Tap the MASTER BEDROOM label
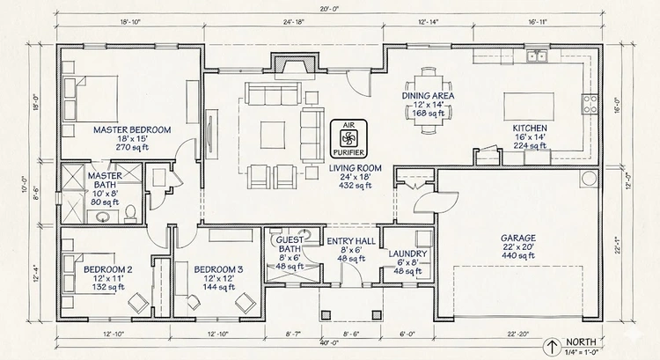pyautogui.click(x=132, y=129)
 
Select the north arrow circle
pyautogui.click(x=552, y=346)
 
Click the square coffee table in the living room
pyautogui.click(x=270, y=134)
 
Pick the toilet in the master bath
pyautogui.click(x=129, y=211)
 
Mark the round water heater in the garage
pyautogui.click(x=587, y=181)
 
